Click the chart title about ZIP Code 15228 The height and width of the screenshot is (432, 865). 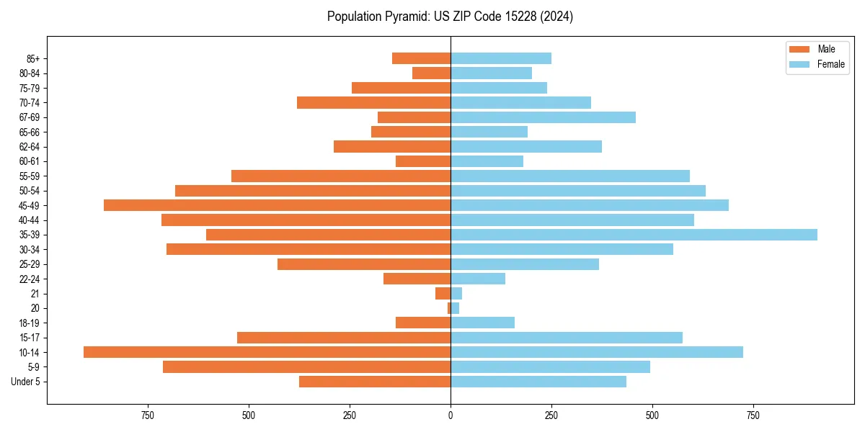(x=450, y=17)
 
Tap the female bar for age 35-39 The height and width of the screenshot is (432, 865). (x=634, y=235)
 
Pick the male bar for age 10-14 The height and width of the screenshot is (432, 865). (x=267, y=352)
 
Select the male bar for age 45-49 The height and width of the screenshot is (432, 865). (x=277, y=205)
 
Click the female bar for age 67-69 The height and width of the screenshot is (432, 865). (x=543, y=117)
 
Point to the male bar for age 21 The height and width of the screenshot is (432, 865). (x=443, y=294)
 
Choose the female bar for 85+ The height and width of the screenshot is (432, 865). (x=501, y=58)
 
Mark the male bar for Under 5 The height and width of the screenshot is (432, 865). (x=375, y=382)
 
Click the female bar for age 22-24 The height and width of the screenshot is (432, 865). (x=478, y=279)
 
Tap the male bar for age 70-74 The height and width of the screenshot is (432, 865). (x=373, y=102)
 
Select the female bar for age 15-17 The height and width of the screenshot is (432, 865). (x=567, y=338)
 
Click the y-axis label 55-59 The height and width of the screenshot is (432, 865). (x=30, y=176)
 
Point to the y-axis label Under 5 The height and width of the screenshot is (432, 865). (x=25, y=382)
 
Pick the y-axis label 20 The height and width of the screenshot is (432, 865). (x=35, y=308)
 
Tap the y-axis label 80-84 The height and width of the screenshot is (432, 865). (x=30, y=73)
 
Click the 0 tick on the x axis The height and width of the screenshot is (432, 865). (x=451, y=415)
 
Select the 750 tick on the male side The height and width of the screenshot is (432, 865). (x=148, y=415)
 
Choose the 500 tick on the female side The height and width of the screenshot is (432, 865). (x=652, y=415)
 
